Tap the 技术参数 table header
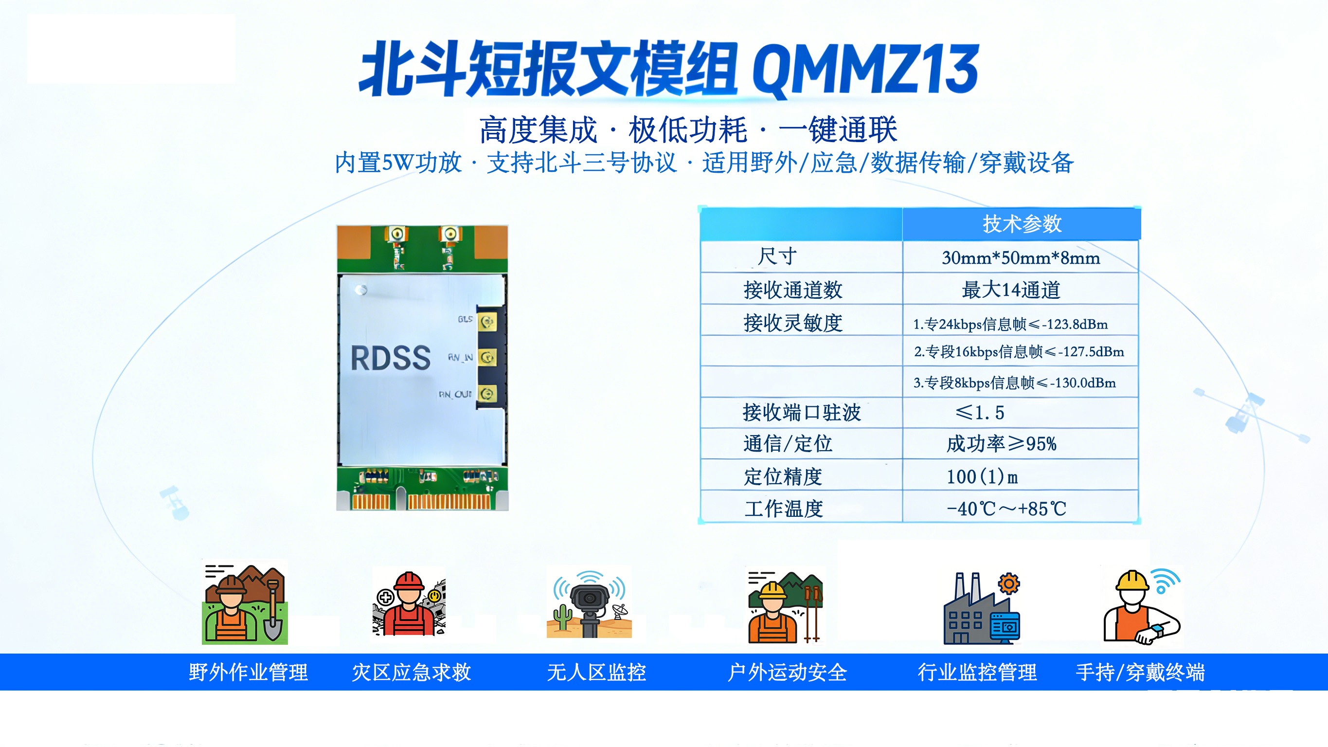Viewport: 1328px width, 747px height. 1022,224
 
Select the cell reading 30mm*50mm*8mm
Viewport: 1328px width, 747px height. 1021,257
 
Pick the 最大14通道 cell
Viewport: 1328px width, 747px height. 1011,290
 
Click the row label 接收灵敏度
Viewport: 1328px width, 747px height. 793,323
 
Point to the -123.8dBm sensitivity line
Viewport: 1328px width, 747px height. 1010,324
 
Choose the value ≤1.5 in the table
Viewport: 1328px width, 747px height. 980,412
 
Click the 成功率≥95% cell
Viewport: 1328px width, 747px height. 1001,444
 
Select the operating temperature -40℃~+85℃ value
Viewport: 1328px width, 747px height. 1006,509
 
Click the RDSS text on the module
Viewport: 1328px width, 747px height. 390,358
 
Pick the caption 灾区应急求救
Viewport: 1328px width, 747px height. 412,672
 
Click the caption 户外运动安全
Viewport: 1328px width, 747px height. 787,672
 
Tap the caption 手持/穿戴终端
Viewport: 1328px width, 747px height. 1140,672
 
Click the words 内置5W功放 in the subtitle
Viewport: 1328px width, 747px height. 398,163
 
